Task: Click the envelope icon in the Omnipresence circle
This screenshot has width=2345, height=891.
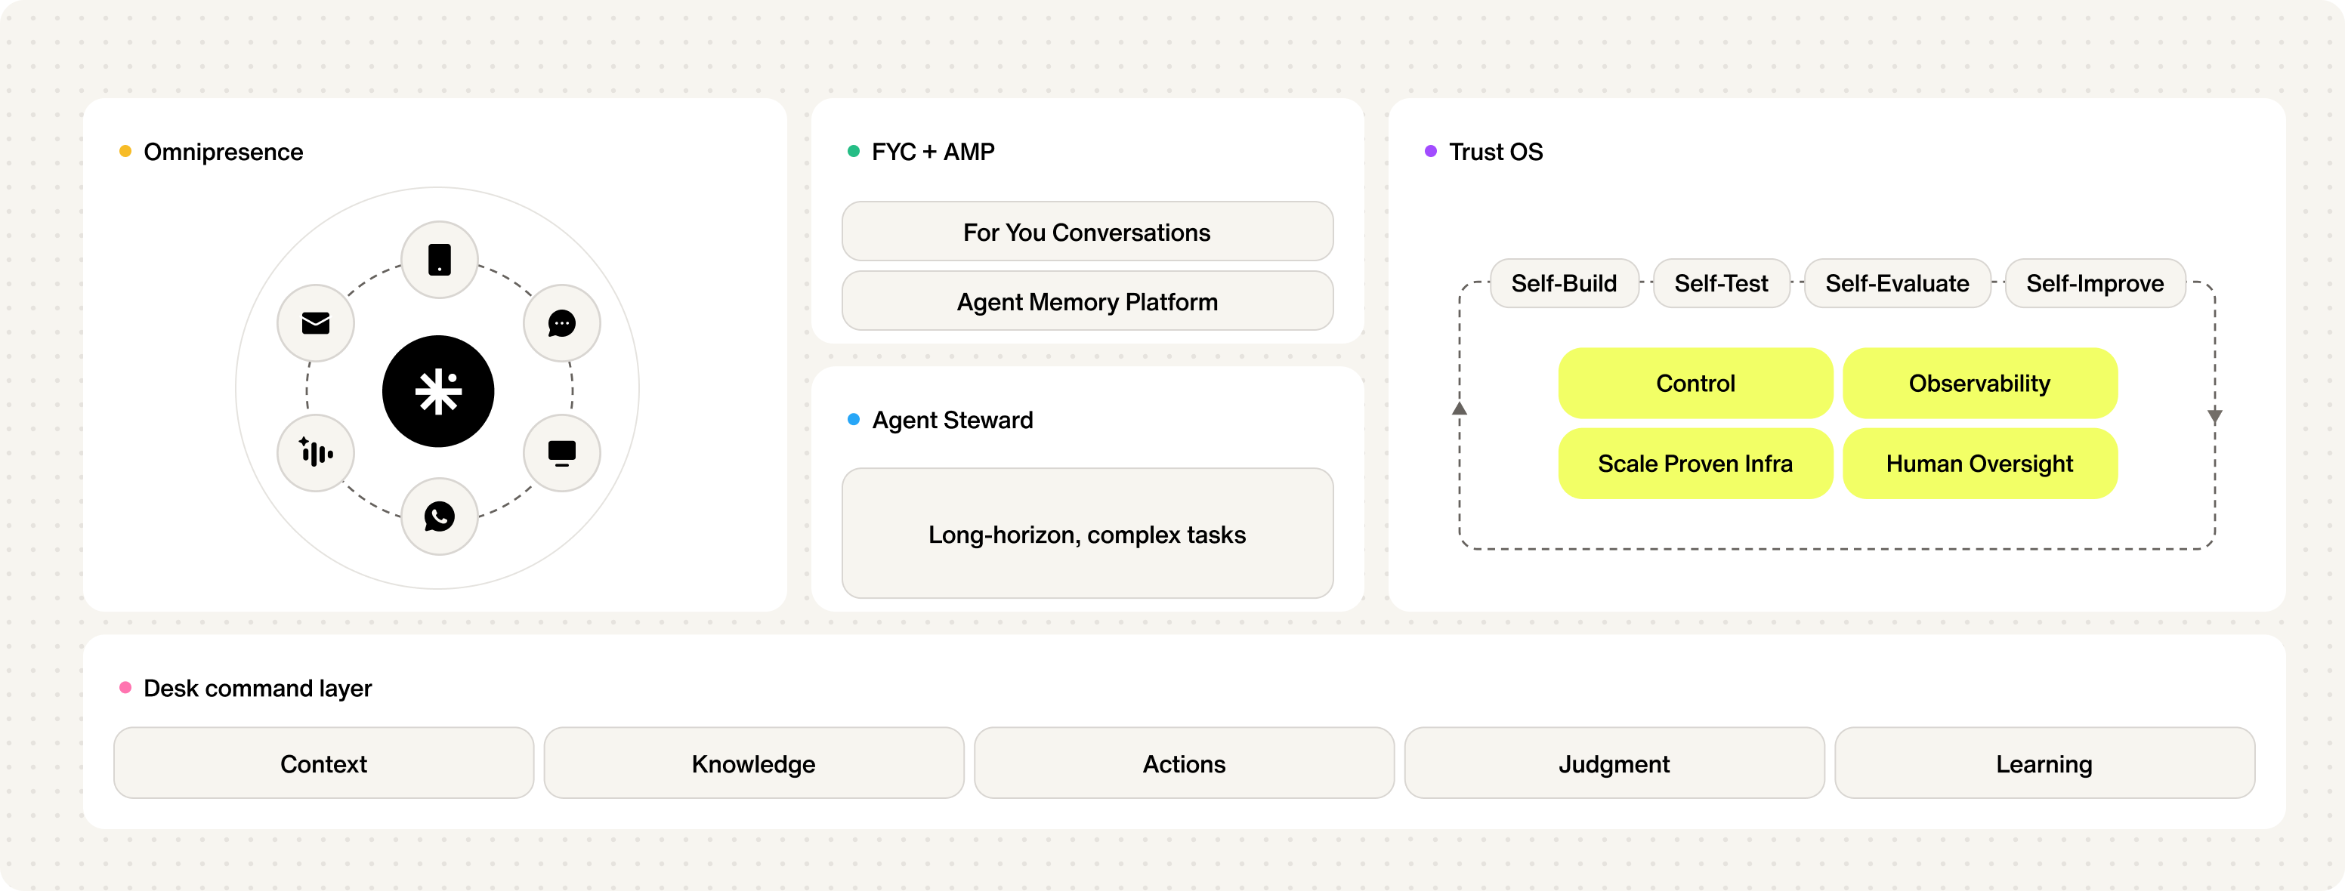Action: click(316, 323)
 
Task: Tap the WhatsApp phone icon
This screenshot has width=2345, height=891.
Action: click(440, 516)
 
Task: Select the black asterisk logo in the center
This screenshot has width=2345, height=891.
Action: click(438, 391)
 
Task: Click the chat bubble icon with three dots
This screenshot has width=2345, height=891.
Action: click(561, 323)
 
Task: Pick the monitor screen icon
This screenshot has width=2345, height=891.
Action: click(561, 453)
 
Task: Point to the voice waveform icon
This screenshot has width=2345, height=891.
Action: click(316, 452)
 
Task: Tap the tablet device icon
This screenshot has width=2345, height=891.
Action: click(440, 260)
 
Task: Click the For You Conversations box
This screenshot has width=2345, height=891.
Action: click(1087, 231)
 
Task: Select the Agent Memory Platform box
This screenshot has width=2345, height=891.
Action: click(1087, 301)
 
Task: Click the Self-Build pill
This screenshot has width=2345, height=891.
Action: click(1564, 283)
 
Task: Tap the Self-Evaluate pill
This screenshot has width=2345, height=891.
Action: click(1897, 283)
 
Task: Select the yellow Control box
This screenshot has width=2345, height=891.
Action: click(1695, 383)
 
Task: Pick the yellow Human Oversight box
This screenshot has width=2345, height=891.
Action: click(1980, 464)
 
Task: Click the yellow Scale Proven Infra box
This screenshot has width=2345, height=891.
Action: click(1695, 464)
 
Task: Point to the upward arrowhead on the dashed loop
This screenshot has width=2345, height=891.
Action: click(1460, 409)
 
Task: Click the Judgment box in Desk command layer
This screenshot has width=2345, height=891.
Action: click(1614, 763)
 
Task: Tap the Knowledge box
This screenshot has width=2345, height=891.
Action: click(754, 763)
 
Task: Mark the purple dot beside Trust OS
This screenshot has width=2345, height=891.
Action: click(1430, 151)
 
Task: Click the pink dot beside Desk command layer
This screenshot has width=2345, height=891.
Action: click(125, 687)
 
